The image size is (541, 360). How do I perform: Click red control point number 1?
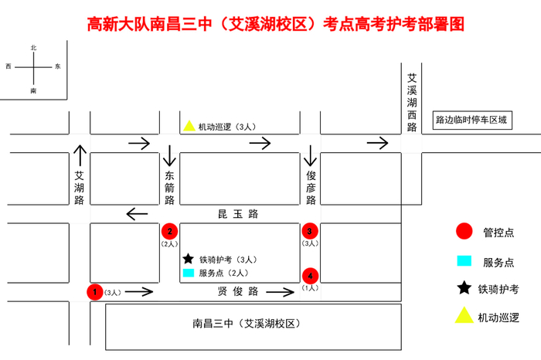[x=94, y=292]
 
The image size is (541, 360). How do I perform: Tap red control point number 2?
[x=169, y=231]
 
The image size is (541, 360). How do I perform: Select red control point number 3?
[x=310, y=231]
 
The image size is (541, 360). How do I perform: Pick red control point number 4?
[x=310, y=276]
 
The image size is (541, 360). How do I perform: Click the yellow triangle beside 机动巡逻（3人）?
[x=189, y=126]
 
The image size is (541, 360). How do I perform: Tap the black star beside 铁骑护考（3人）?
[x=188, y=259]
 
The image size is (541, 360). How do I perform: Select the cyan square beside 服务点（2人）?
[x=188, y=273]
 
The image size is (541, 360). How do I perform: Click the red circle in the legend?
[x=464, y=231]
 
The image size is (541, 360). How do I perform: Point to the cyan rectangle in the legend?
[x=464, y=260]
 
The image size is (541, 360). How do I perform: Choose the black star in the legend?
[x=464, y=288]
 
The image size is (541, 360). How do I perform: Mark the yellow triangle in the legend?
[x=464, y=315]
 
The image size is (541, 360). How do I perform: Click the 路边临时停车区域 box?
[x=471, y=120]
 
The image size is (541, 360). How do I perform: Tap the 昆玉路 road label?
[x=237, y=212]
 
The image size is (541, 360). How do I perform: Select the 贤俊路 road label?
[x=237, y=292]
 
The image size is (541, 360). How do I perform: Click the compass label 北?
[x=33, y=48]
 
